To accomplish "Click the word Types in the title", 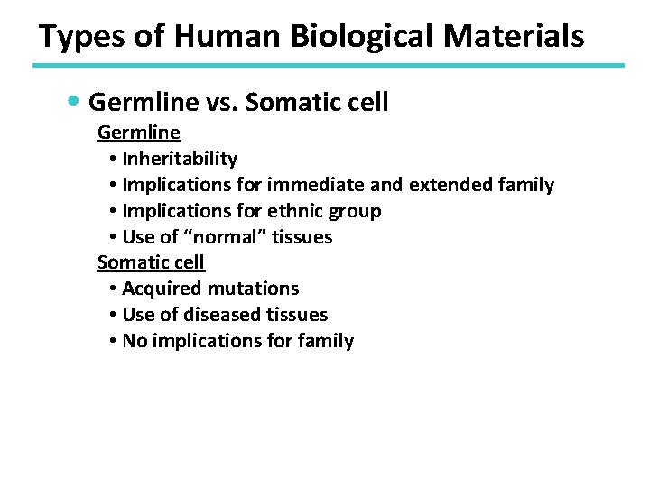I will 77,37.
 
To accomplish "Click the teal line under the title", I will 328,65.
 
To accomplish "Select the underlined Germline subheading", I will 139,133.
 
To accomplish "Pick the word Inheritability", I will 180,159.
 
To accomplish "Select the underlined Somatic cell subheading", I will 151,262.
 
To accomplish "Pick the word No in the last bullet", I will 134,341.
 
